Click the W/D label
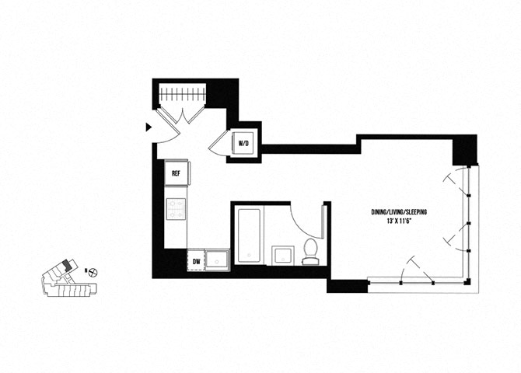[243, 144]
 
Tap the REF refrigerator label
[176, 173]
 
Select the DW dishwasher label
[197, 262]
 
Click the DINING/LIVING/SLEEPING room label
[399, 212]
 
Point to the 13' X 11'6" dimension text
[399, 221]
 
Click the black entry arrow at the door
[149, 127]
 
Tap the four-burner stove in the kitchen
[176, 209]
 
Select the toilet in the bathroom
[311, 252]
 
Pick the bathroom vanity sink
[283, 256]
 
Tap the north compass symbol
[94, 273]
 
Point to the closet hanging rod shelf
[183, 93]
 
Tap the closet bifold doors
[180, 115]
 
